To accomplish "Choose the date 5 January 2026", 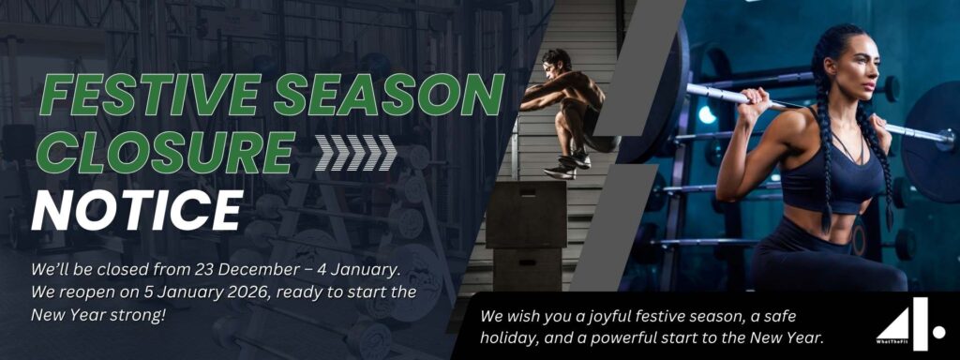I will click(x=189, y=292).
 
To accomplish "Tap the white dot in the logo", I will click(x=938, y=331).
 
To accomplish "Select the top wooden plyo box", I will click(x=526, y=215).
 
